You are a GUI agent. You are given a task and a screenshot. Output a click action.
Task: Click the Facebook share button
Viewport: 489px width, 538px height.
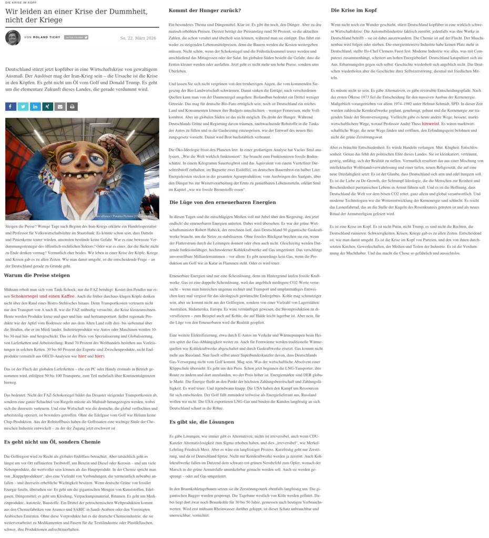click(11, 107)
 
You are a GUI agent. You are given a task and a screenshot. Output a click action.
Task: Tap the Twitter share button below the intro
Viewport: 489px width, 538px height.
click(23, 107)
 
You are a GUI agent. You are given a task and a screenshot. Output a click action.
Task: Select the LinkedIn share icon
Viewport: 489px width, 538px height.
click(35, 107)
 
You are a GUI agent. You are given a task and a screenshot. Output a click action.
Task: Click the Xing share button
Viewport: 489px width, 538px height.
click(48, 107)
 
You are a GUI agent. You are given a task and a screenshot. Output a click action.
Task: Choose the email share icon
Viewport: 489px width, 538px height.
click(60, 107)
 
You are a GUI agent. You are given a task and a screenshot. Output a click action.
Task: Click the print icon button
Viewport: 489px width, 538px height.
click(73, 107)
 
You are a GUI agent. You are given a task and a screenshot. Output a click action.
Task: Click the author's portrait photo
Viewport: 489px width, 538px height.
click(13, 38)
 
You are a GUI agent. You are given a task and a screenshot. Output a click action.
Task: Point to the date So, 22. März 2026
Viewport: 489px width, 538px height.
click(138, 38)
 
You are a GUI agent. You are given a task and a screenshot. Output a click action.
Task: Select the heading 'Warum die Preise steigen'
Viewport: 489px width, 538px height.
click(37, 275)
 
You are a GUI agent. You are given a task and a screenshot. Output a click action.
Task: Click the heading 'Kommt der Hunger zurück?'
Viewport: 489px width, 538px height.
click(205, 11)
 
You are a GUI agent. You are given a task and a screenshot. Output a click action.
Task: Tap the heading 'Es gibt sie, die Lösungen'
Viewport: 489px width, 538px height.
click(201, 422)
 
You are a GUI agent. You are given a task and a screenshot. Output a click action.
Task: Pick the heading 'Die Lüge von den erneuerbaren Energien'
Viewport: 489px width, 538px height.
click(222, 202)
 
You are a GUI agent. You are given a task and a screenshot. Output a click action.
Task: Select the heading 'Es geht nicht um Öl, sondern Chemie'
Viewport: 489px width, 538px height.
click(52, 442)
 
